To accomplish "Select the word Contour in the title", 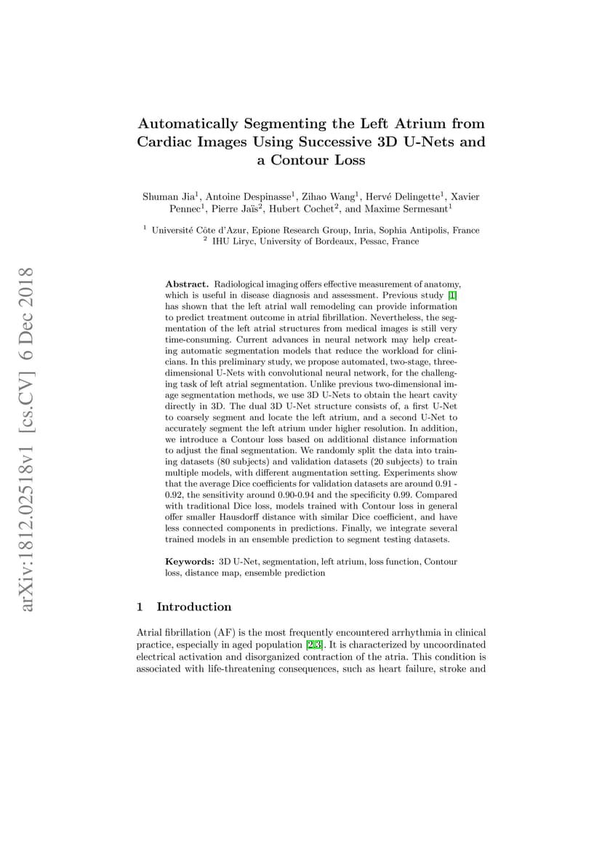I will (301, 160).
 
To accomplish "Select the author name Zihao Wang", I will (327, 196).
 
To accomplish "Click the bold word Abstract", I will (187, 283).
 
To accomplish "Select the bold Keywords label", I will (189, 562).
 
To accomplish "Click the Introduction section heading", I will (194, 607).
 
